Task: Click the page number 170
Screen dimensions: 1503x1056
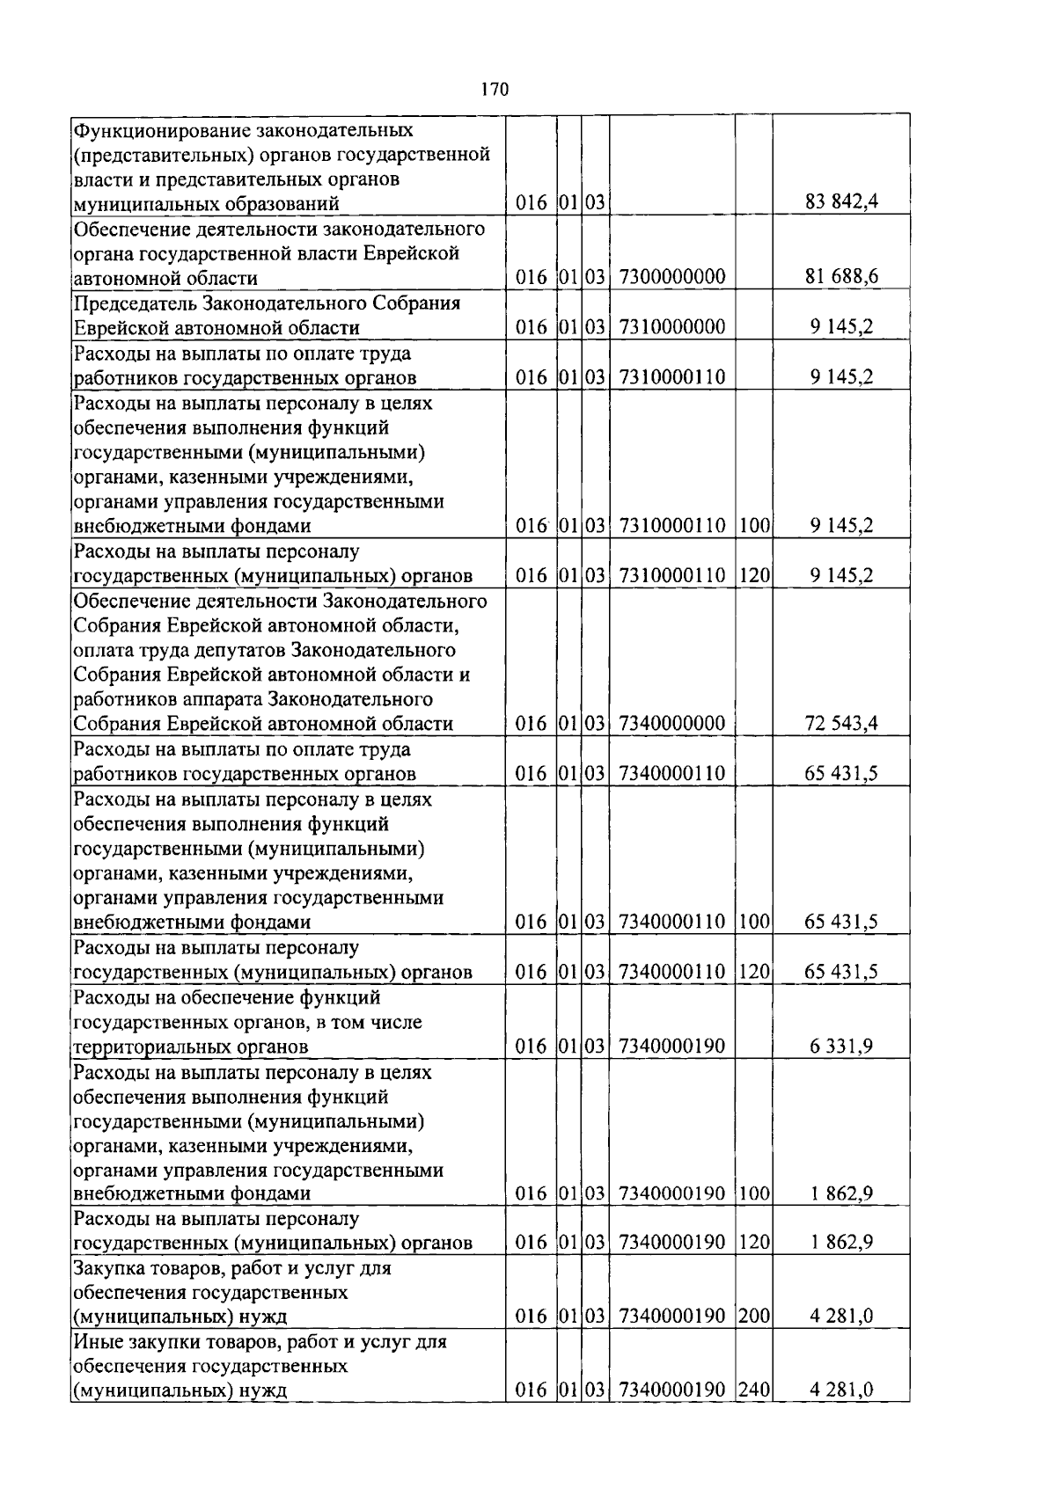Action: tap(495, 89)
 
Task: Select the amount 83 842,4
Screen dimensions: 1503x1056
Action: tap(841, 203)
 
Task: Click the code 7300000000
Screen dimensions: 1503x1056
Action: tap(672, 278)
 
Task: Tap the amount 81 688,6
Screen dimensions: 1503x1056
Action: tap(841, 278)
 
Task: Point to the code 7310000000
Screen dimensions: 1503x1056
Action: tap(672, 328)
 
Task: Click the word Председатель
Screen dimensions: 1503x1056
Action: tap(136, 303)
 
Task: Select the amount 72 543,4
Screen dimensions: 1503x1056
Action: tap(841, 724)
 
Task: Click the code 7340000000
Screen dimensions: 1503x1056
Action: tap(672, 724)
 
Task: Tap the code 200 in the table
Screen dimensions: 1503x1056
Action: tap(754, 1317)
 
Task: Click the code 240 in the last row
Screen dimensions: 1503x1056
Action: tap(754, 1390)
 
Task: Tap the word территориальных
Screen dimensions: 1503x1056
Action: tap(151, 1047)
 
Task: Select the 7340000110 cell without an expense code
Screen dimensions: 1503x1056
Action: tap(672, 774)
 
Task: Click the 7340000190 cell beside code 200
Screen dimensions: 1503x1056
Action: tap(672, 1317)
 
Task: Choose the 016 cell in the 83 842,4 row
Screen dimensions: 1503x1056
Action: tap(532, 203)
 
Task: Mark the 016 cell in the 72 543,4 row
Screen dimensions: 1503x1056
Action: tap(532, 724)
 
